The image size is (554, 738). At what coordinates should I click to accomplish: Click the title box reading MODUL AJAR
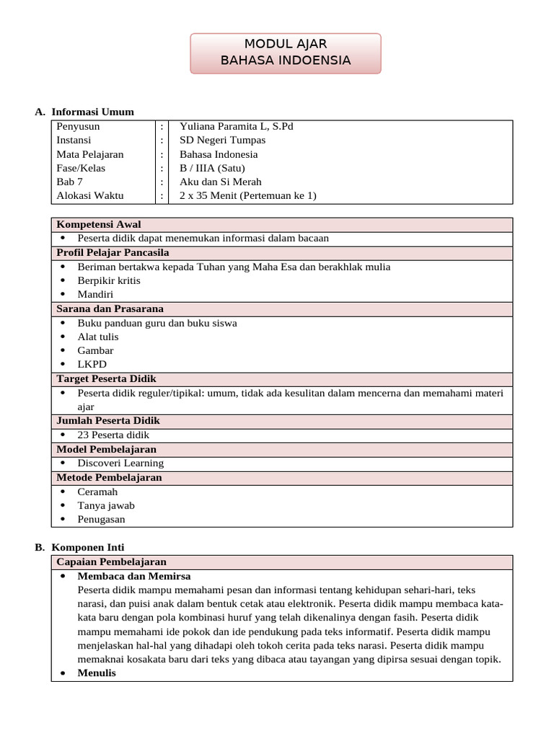(286, 53)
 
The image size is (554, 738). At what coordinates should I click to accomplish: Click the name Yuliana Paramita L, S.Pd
(236, 126)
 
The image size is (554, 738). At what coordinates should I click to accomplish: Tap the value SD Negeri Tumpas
(222, 140)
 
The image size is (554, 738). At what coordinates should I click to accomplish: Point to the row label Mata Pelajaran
(90, 154)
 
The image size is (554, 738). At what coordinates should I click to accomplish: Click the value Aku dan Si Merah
(220, 182)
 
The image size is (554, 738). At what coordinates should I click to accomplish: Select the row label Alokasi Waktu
(90, 195)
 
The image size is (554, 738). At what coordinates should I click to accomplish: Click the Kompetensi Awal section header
(99, 224)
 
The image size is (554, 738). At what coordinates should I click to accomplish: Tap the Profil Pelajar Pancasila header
(113, 252)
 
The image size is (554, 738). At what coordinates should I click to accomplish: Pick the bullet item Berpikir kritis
(109, 280)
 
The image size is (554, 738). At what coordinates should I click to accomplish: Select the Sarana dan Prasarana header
(110, 308)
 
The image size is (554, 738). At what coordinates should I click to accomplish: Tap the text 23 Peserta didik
(113, 435)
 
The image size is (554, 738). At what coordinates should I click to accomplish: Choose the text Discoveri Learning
(120, 463)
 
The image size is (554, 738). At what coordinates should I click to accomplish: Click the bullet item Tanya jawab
(106, 505)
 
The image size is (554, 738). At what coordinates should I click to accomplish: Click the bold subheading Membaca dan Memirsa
(134, 576)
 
